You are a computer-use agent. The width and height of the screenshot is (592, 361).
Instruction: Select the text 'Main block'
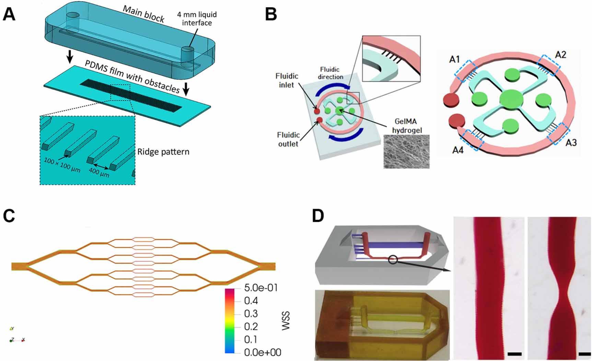point(143,14)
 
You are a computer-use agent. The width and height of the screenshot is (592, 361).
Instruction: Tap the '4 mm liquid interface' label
point(197,19)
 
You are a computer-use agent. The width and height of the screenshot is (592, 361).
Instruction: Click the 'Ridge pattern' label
point(163,152)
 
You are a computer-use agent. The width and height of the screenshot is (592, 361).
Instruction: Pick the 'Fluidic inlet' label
point(287,80)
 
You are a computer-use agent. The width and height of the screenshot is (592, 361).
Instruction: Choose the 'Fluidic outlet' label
point(288,139)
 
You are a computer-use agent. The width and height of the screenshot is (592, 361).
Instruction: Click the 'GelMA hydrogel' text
point(407,125)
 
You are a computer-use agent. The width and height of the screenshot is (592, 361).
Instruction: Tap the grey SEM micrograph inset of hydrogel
point(406,151)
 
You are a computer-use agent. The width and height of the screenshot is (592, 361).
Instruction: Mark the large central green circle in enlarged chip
point(511,99)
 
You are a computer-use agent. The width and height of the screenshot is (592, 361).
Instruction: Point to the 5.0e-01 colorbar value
point(260,288)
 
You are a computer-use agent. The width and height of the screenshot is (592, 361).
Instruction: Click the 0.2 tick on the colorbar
point(251,326)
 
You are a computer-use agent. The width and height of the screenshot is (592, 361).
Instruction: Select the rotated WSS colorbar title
point(286,321)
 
